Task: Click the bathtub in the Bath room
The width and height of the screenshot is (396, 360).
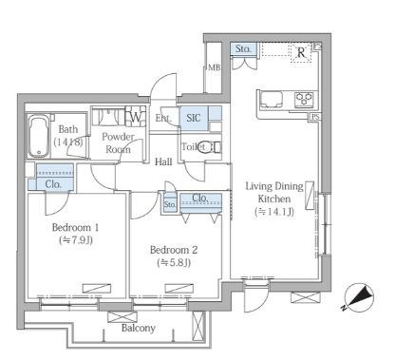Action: tap(38, 136)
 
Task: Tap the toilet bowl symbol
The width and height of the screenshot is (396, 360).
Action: tap(210, 147)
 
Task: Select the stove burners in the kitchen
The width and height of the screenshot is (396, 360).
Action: tap(304, 99)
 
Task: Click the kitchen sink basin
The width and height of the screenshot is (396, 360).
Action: tap(272, 99)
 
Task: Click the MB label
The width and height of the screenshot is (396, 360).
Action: tap(215, 67)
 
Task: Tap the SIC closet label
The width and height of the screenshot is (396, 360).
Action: tap(193, 118)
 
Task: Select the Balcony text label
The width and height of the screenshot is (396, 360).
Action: tap(139, 329)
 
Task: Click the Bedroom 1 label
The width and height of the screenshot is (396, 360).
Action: tap(75, 227)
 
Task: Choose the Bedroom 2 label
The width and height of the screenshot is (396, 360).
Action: tap(174, 250)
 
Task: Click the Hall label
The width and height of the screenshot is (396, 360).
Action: tap(163, 161)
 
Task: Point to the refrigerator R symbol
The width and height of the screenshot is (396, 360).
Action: tap(301, 52)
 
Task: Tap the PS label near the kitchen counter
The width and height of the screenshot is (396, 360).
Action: tap(315, 117)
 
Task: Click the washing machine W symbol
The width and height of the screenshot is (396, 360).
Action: tap(136, 117)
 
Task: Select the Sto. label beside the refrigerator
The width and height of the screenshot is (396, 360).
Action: tap(243, 48)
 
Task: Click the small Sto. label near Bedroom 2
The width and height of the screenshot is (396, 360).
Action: tap(170, 204)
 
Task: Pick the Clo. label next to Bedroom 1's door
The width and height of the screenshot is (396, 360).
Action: tap(53, 184)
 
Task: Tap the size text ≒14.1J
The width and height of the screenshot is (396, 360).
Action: tap(274, 212)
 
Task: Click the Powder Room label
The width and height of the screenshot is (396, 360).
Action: tap(118, 142)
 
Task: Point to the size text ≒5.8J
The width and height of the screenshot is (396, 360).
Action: tap(174, 262)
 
